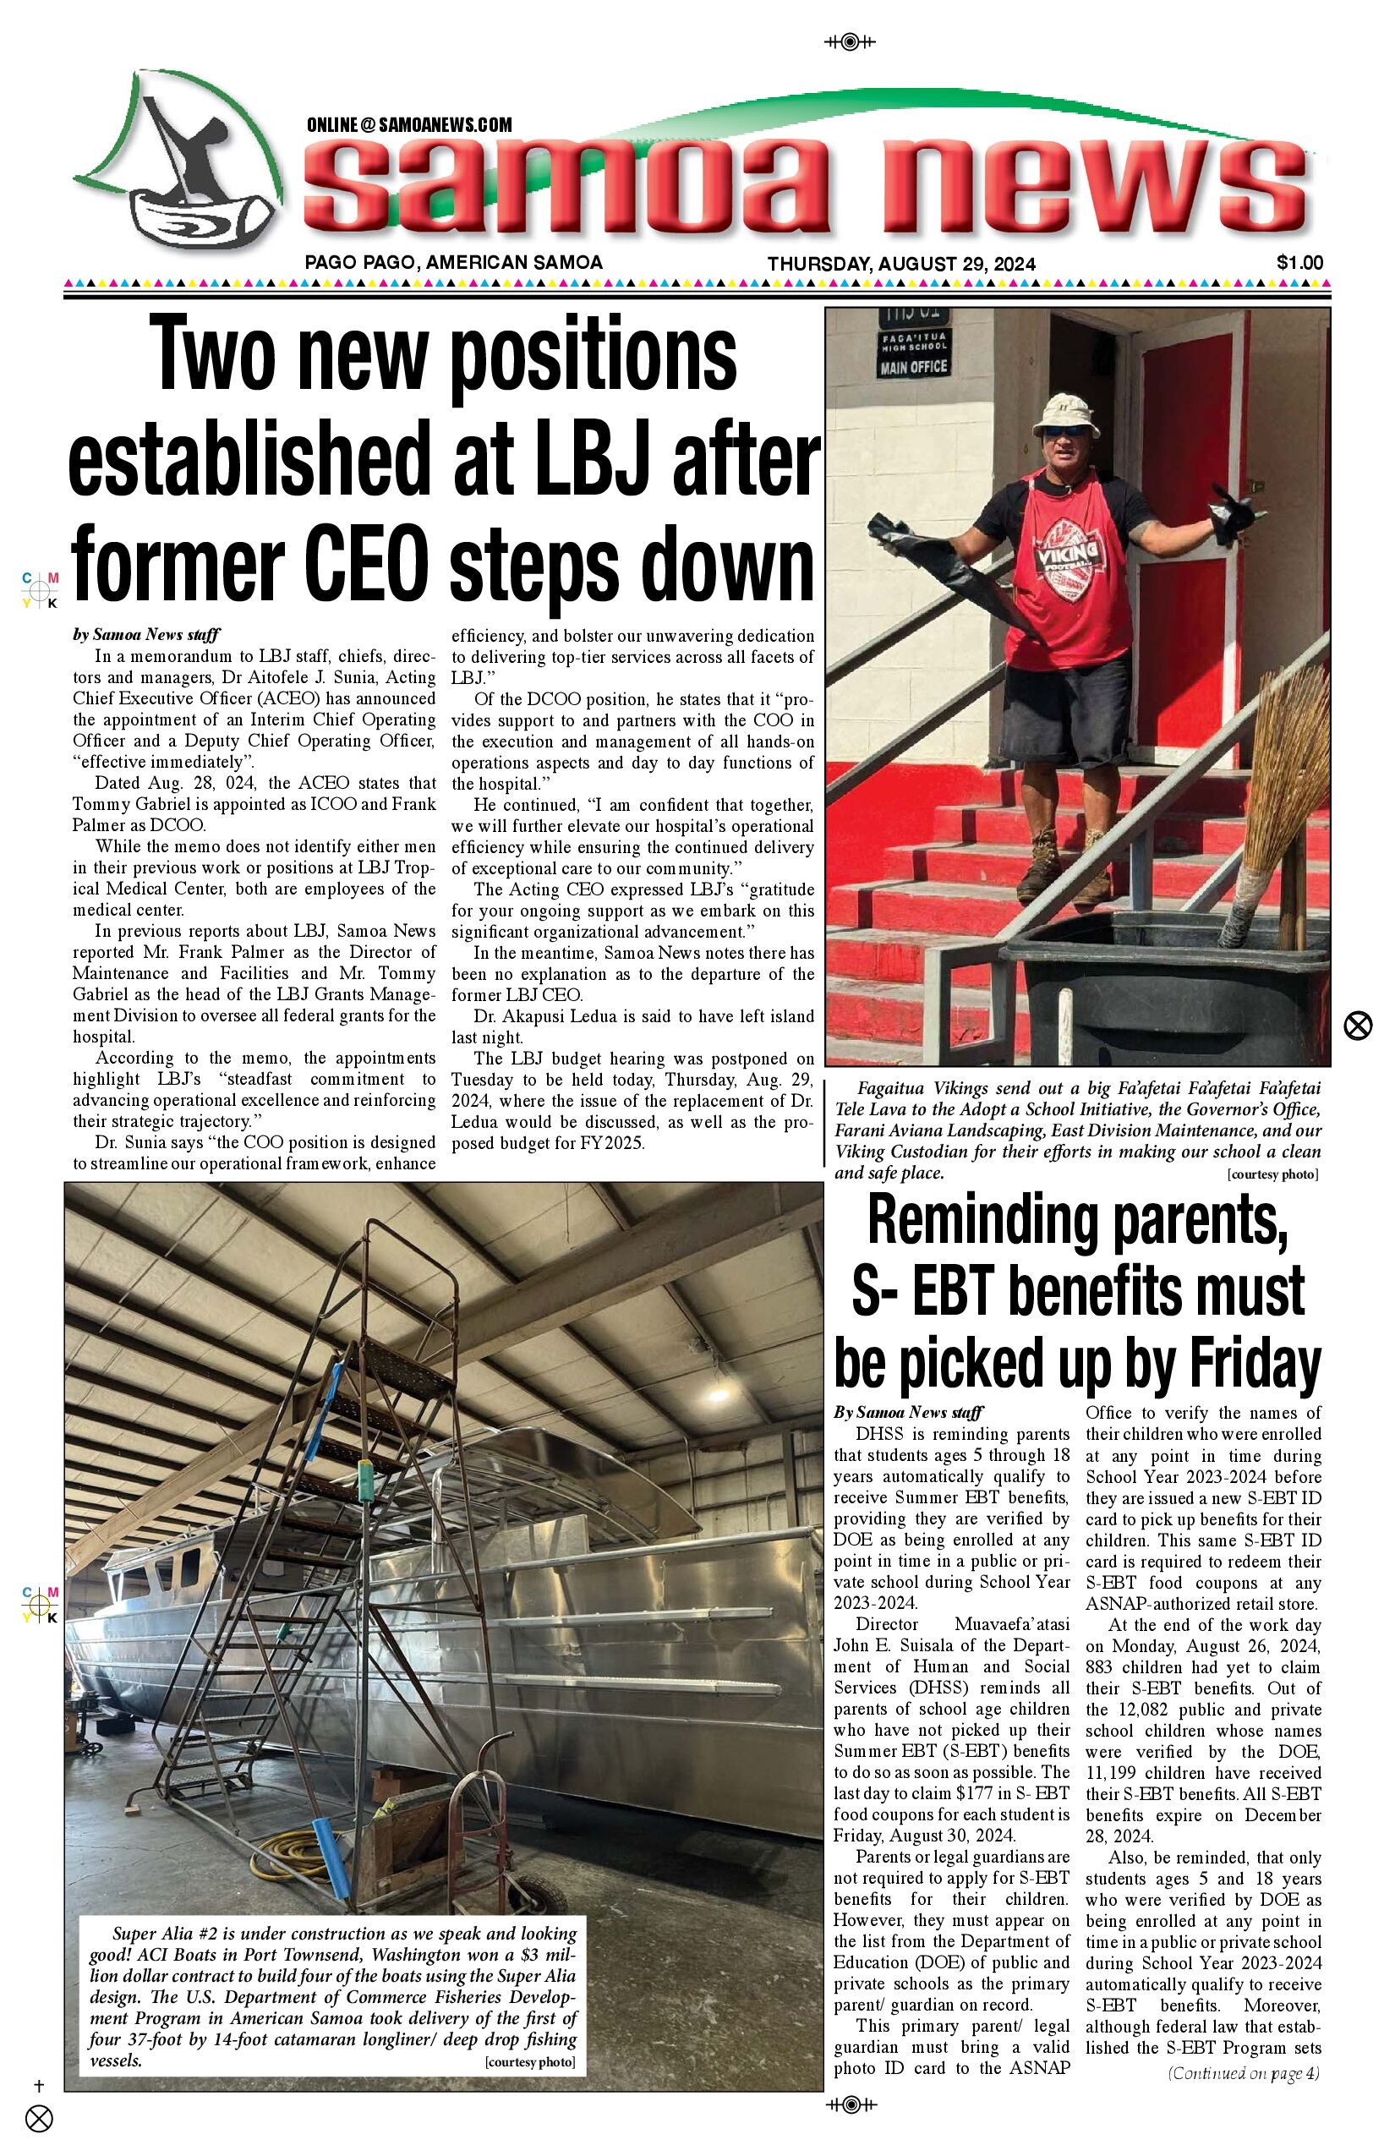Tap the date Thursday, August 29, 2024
(901, 265)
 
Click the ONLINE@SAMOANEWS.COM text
(409, 125)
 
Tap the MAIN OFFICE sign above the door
(913, 366)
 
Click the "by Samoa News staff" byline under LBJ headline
(147, 635)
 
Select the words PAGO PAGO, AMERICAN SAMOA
(453, 263)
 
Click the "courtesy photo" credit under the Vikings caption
(1272, 1175)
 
